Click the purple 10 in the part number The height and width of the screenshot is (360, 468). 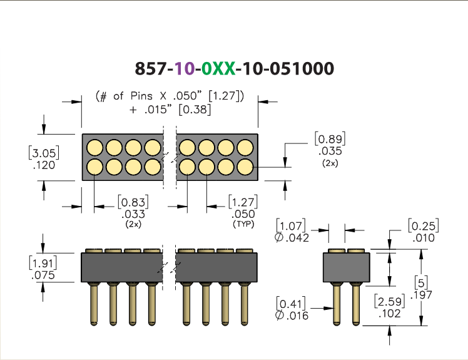click(185, 68)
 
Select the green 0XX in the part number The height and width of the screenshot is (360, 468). click(218, 68)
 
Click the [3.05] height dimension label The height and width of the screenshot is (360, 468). click(44, 153)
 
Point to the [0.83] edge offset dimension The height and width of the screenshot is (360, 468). click(133, 202)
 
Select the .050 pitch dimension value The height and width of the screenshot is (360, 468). click(243, 214)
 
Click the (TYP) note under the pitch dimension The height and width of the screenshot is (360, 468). click(243, 224)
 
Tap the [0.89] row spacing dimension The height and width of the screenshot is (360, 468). click(330, 139)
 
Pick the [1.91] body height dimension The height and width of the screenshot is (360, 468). click(43, 263)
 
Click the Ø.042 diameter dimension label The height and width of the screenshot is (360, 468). click(292, 238)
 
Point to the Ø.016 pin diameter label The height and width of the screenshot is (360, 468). click(292, 316)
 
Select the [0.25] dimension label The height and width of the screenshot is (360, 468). click(424, 225)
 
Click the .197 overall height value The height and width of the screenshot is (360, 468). click(421, 295)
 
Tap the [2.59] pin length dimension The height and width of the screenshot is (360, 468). click(390, 301)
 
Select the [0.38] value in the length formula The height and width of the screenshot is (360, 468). click(195, 110)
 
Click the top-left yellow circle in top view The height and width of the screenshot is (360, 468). click(94, 148)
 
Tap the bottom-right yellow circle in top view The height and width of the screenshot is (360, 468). click(245, 167)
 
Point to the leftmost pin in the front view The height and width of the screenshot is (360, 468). click(94, 302)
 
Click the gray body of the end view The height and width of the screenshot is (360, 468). click(347, 267)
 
